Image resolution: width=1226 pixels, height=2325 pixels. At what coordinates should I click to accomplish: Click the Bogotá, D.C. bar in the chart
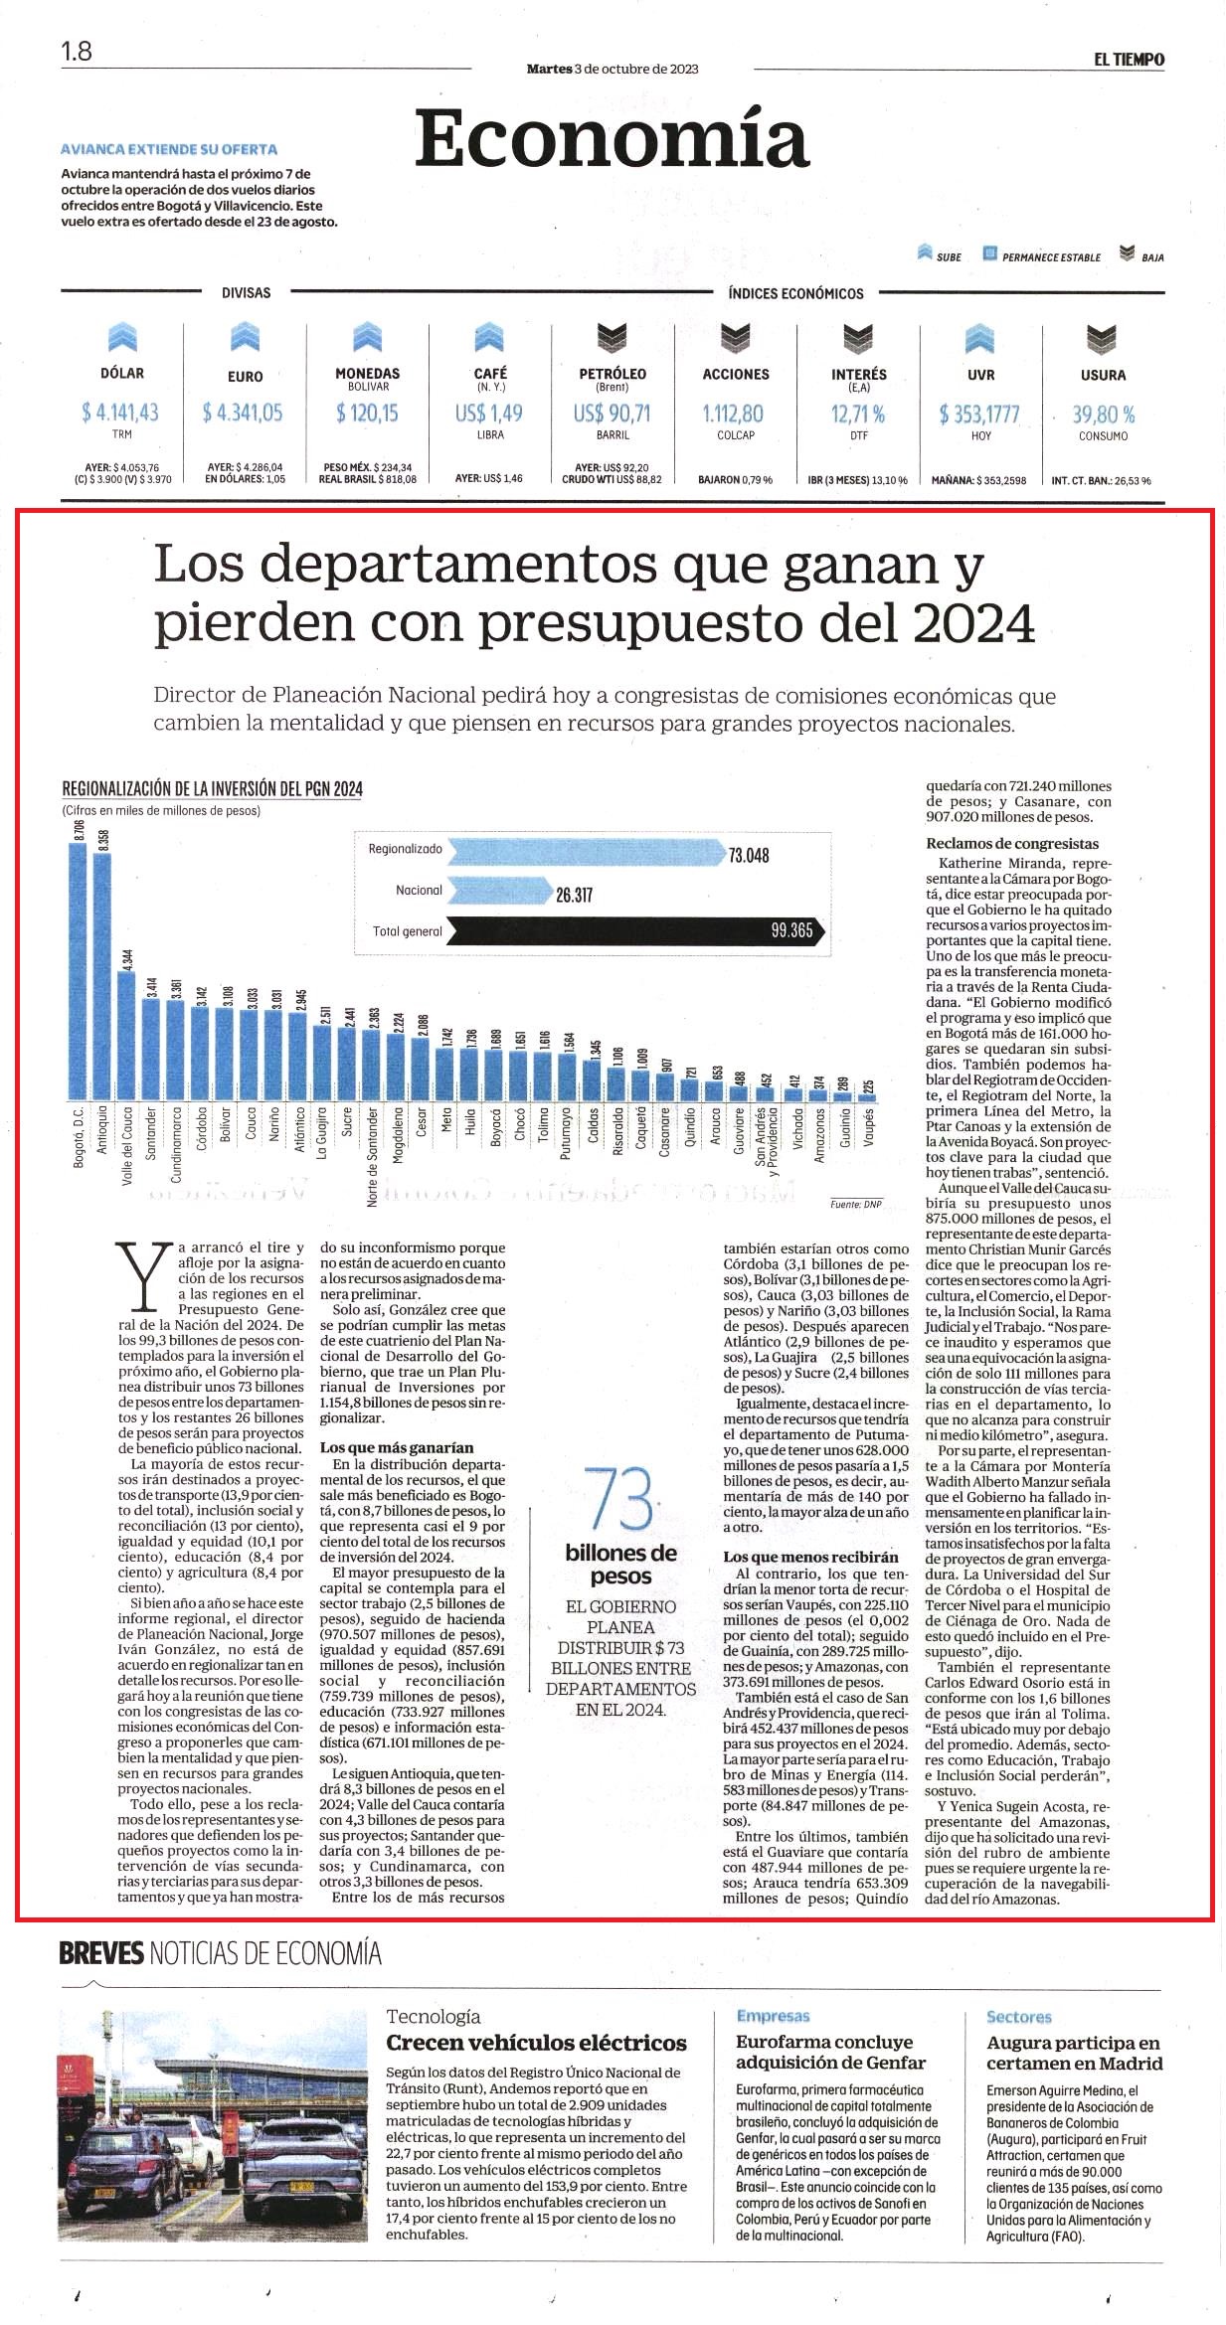coord(78,971)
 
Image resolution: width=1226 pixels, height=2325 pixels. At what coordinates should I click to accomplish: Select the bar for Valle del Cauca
coord(126,1035)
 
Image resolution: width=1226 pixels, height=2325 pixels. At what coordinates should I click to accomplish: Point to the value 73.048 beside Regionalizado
coord(748,855)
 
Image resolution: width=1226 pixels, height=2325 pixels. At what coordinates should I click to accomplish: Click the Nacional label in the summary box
coord(419,891)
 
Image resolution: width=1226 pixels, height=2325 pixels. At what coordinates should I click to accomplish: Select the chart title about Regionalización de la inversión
coord(212,788)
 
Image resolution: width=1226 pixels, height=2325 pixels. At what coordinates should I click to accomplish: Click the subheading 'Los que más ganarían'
coord(397,1447)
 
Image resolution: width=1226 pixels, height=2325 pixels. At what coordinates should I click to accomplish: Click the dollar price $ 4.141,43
coord(120,412)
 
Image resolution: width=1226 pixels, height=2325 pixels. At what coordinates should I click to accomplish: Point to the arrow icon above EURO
coord(245,337)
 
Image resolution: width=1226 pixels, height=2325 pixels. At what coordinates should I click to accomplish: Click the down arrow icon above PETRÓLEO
coord(612,338)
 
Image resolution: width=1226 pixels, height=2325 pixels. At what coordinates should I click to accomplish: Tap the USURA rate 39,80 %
coord(1103,414)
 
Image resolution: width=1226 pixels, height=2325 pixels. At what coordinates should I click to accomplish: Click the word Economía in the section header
coord(612,139)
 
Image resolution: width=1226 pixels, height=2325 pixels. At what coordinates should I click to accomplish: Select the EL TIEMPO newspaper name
coord(1129,60)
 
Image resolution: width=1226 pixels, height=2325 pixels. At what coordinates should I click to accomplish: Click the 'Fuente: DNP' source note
coord(856,1204)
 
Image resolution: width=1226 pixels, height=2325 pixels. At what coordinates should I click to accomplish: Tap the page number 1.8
coord(77,51)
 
